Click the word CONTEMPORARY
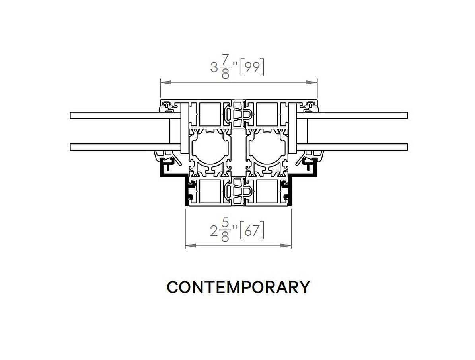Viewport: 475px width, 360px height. pos(238,287)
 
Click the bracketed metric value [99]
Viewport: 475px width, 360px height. pos(252,67)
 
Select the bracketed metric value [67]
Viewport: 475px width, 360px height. pos(252,231)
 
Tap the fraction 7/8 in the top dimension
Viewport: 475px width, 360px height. pos(225,68)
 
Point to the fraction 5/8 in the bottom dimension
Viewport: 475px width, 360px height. pos(225,231)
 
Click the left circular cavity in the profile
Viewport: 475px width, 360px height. pos(208,148)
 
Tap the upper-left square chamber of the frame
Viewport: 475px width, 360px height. pos(210,114)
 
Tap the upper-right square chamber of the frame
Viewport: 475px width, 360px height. pos(267,114)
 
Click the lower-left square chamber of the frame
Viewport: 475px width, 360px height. pos(210,192)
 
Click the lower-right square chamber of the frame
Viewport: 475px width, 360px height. pos(267,192)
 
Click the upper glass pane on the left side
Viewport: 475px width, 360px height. pos(125,115)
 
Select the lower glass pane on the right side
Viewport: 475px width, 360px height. pos(352,147)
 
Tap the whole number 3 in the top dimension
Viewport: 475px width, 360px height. pos(214,68)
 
